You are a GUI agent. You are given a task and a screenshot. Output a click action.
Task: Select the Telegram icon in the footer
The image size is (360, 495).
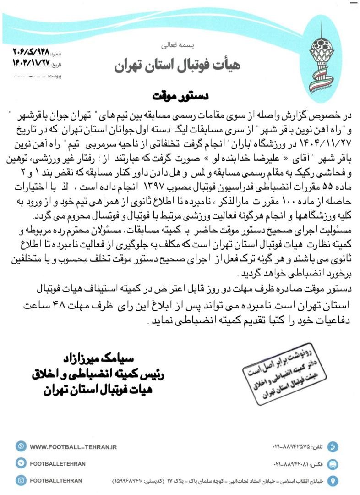tap(21, 463)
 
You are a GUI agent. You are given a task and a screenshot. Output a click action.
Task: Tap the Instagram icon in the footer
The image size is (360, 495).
tap(21, 480)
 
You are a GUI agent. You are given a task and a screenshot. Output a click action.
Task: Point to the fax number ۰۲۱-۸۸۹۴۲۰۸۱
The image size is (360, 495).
tap(289, 463)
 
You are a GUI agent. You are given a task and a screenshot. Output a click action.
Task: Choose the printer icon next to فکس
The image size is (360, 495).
tap(334, 463)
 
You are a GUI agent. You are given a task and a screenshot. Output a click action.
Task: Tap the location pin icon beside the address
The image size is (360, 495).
tap(334, 480)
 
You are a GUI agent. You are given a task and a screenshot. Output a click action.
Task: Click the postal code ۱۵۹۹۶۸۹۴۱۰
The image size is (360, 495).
tap(130, 481)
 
